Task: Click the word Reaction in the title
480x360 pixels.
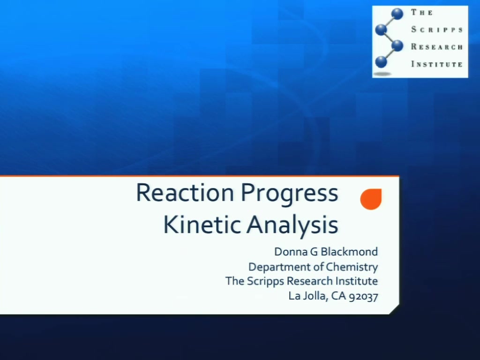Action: point(185,193)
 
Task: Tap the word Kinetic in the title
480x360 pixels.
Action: point(202,225)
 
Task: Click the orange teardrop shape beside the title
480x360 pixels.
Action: point(371,199)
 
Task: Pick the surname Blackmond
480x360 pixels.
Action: point(349,252)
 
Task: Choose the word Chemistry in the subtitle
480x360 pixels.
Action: point(352,267)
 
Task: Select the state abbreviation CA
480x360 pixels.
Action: point(338,296)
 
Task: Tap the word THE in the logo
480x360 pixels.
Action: point(422,13)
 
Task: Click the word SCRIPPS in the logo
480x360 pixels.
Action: point(437,30)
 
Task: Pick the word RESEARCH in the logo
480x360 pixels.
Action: point(437,47)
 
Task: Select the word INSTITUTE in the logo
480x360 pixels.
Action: point(437,64)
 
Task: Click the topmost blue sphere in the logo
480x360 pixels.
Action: point(397,14)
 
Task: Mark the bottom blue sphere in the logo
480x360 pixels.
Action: point(381,62)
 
